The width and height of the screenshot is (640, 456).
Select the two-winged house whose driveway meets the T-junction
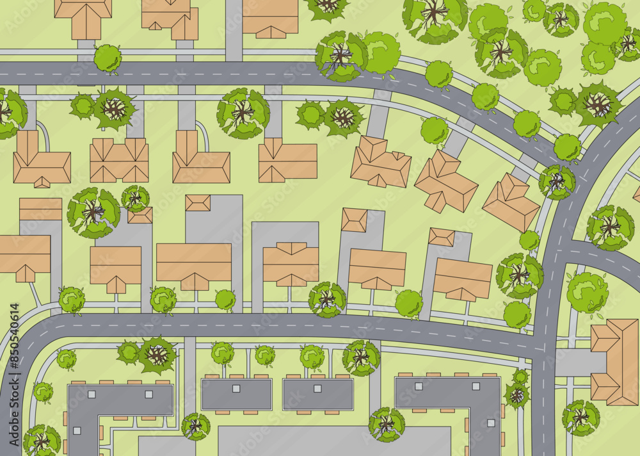pyautogui.click(x=614, y=362)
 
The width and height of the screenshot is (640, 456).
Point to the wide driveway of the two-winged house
pyautogui.click(x=579, y=362)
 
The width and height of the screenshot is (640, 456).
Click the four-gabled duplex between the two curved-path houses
pyautogui.click(x=119, y=160)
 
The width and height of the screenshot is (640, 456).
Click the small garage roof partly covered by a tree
pyautogui.click(x=140, y=215)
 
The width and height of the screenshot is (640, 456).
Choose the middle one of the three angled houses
pyautogui.click(x=445, y=181)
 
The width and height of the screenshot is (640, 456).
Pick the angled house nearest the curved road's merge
pyautogui.click(x=511, y=202)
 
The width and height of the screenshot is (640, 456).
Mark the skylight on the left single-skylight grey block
pyautogui.click(x=236, y=388)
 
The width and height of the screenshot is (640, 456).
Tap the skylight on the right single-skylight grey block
pyautogui.click(x=317, y=388)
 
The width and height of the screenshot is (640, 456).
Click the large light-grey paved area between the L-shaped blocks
pyautogui.click(x=333, y=442)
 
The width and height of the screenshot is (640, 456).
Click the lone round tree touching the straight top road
pyautogui.click(x=108, y=58)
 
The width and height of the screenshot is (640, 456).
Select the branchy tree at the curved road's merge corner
pyautogui.click(x=556, y=182)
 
